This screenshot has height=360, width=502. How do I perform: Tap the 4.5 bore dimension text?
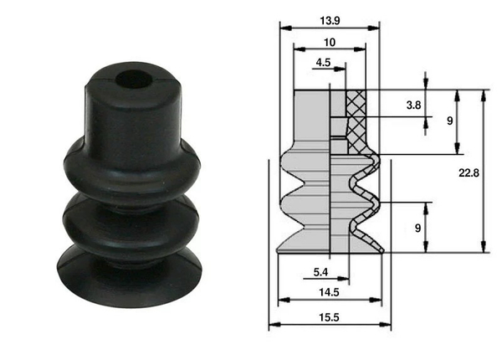pyautogui.click(x=323, y=62)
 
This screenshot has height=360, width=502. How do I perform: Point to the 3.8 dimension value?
pyautogui.click(x=412, y=105)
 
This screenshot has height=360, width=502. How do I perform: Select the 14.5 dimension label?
pyautogui.click(x=327, y=292)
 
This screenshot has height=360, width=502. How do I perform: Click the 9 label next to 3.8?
pyautogui.click(x=449, y=121)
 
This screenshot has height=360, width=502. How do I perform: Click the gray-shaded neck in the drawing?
pyautogui.click(x=313, y=121)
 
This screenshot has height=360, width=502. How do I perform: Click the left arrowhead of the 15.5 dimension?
pyautogui.click(x=271, y=327)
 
